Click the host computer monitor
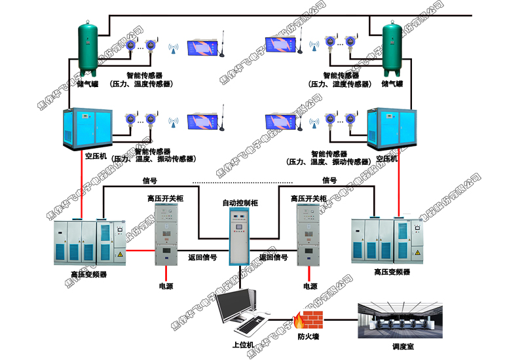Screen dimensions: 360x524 236,306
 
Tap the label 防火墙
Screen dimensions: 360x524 308,338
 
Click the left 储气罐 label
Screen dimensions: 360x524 87,84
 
